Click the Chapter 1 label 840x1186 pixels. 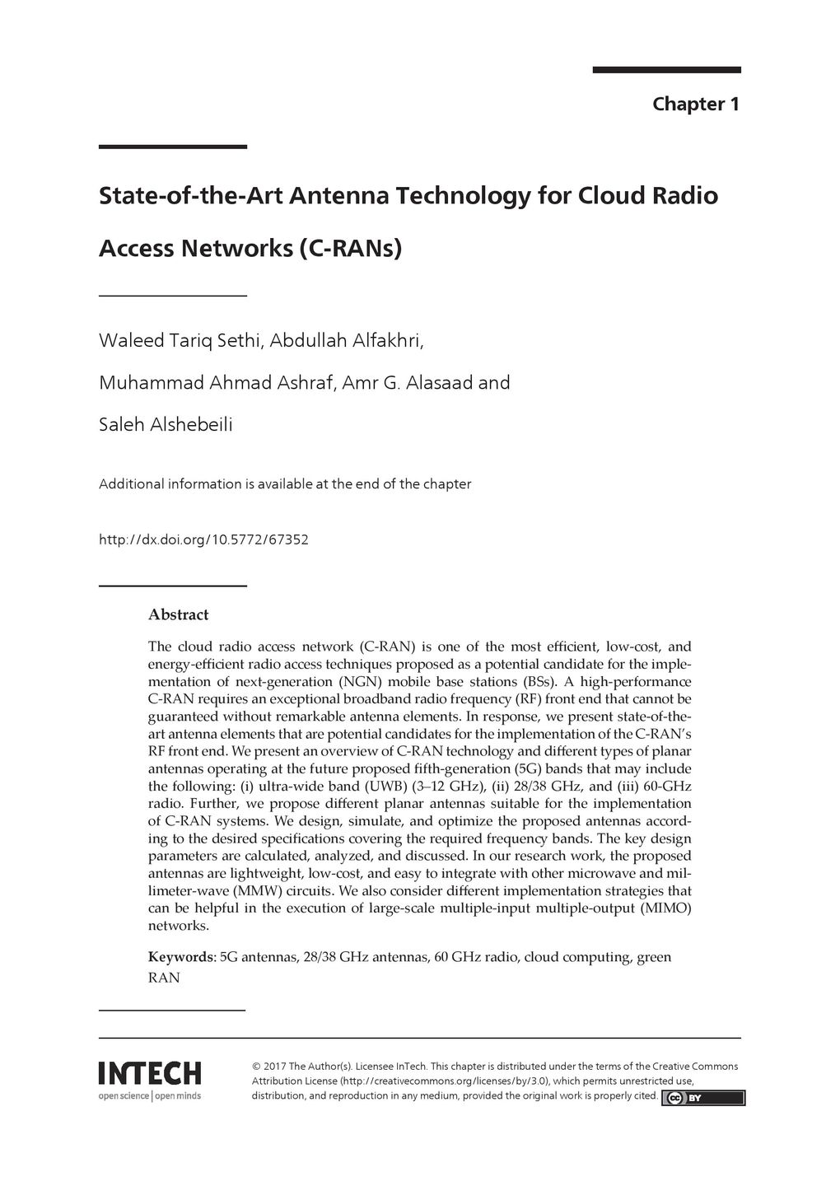click(x=696, y=105)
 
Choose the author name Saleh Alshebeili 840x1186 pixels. click(x=166, y=425)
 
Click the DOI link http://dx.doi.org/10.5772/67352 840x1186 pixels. click(x=203, y=540)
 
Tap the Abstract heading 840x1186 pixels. click(x=178, y=614)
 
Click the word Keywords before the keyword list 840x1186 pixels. click(x=181, y=957)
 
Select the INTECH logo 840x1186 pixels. click(x=150, y=1073)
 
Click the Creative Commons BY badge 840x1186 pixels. click(x=703, y=1098)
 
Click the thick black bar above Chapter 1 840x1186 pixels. click(x=666, y=70)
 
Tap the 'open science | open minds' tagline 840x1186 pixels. click(x=150, y=1095)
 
